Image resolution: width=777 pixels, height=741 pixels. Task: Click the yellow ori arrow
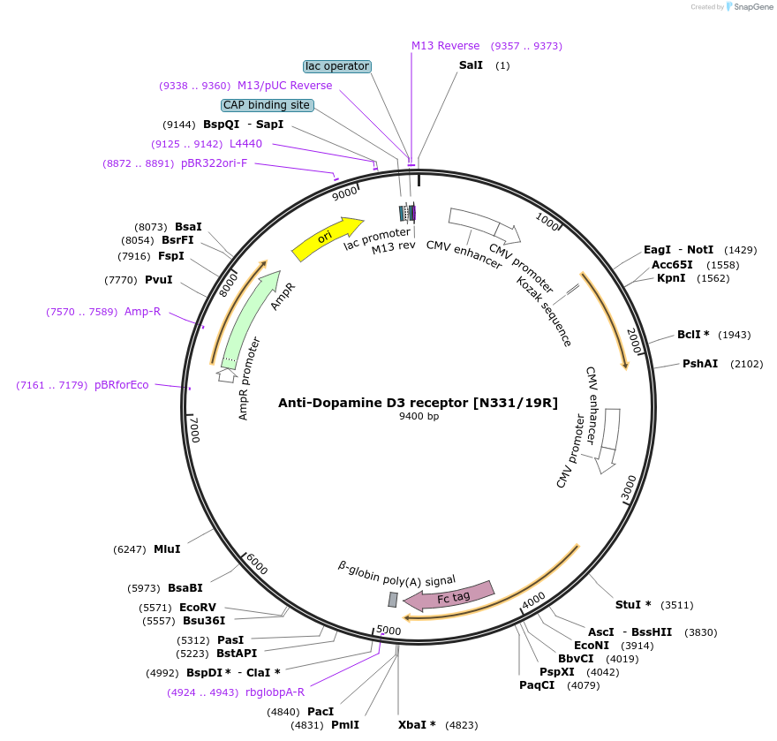326,239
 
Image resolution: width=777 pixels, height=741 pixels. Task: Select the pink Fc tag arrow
450,596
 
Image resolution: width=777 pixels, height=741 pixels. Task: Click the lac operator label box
336,66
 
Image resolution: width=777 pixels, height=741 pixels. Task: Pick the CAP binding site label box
267,105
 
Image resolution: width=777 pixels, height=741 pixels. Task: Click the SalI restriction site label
471,65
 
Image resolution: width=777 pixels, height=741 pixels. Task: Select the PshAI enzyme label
699,364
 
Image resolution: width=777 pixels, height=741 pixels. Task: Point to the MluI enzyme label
167,549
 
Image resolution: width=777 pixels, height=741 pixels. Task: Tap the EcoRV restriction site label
198,608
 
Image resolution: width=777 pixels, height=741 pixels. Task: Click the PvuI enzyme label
159,280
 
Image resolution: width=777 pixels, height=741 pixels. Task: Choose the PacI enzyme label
321,712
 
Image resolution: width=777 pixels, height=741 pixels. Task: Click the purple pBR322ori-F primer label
214,163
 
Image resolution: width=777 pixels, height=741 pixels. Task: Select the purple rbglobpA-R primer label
275,692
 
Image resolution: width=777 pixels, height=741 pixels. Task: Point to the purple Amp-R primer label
142,312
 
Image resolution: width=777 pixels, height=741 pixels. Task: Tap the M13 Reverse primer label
445,46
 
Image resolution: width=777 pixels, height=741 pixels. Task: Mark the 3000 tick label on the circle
628,487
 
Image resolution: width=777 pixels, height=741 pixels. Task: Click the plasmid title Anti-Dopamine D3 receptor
418,403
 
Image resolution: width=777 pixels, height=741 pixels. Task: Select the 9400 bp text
419,416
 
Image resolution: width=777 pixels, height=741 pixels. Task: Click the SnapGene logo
749,7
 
